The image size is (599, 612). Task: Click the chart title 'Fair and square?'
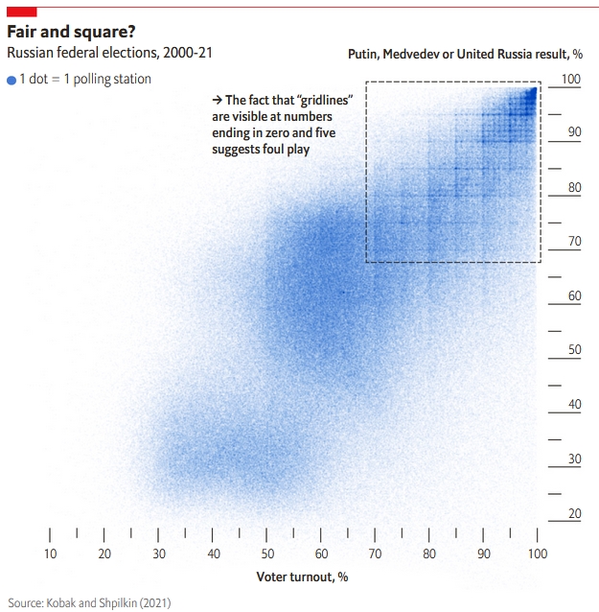pos(71,31)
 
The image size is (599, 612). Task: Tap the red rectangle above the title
pos(21,11)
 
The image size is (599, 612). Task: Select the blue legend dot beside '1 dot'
pos(12,81)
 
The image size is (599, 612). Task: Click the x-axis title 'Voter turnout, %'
pos(302,577)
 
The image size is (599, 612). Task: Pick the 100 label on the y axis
pos(571,79)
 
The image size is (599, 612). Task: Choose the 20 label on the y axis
pos(574,514)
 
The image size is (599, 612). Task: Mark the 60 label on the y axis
pos(574,296)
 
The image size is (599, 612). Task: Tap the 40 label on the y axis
pos(574,405)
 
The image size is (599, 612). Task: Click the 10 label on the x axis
pos(50,553)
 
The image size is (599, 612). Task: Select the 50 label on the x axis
pos(267,553)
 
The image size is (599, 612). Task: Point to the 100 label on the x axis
pos(537,553)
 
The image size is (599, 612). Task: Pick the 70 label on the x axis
pos(376,553)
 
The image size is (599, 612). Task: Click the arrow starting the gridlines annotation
pos(217,100)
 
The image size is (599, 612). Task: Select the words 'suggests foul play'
pos(261,150)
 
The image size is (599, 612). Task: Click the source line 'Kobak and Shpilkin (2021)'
pos(108,602)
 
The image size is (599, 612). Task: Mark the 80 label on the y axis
pos(574,188)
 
